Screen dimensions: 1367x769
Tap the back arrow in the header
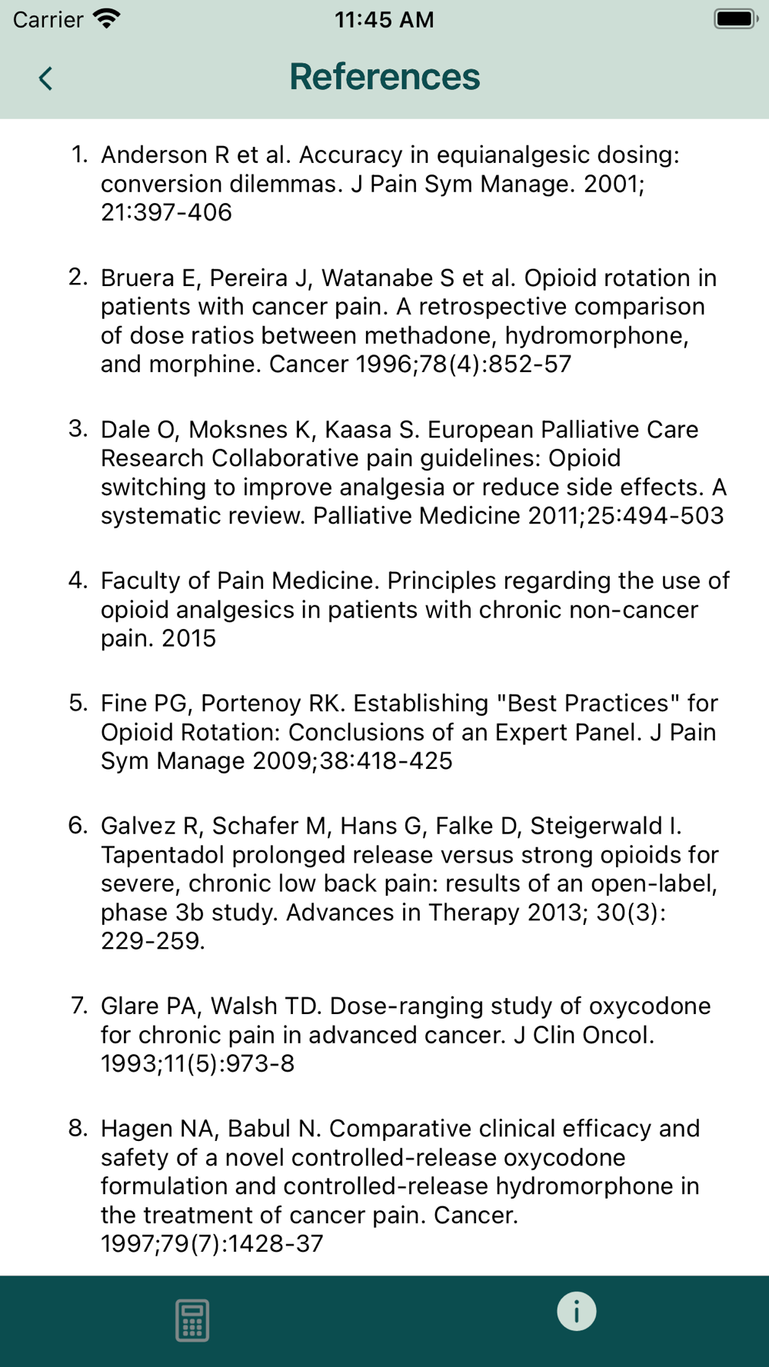coord(46,78)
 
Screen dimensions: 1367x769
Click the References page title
coord(384,77)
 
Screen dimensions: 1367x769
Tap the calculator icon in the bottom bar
coord(192,1320)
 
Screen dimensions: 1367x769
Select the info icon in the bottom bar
coord(577,1311)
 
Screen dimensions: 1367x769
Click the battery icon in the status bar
coord(735,19)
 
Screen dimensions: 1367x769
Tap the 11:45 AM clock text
coord(384,20)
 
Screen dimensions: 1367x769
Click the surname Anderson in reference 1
coord(154,155)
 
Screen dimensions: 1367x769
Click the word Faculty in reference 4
coord(145,581)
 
